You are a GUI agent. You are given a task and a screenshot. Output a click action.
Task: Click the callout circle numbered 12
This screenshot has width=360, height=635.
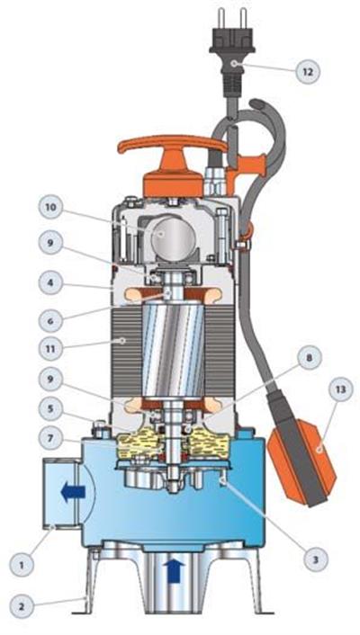point(307,72)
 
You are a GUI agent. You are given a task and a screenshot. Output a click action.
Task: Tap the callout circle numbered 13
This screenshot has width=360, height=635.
point(340,390)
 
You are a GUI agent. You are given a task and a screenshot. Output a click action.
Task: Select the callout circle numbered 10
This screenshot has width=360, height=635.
point(51,208)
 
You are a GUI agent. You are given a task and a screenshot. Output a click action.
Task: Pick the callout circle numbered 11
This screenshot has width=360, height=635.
point(51,348)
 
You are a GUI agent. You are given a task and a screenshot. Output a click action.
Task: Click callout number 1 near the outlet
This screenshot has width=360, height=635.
point(22,563)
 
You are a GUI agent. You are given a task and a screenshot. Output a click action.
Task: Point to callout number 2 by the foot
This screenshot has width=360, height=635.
point(22,606)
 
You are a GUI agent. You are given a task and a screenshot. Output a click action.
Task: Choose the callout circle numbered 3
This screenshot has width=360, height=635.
point(315,559)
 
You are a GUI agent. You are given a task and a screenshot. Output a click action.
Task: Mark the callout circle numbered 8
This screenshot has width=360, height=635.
point(310,358)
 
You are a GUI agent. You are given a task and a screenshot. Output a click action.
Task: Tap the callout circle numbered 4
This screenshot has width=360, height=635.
point(51,282)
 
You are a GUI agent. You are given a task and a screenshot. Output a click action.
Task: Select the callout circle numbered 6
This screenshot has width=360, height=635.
point(51,320)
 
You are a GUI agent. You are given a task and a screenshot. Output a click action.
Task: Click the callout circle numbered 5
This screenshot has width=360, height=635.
point(51,409)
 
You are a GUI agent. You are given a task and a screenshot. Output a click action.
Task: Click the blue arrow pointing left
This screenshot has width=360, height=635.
point(73,492)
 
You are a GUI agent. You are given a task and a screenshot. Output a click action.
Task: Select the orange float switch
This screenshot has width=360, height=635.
point(302,461)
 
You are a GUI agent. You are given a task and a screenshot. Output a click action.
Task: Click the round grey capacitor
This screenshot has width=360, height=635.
point(173,238)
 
